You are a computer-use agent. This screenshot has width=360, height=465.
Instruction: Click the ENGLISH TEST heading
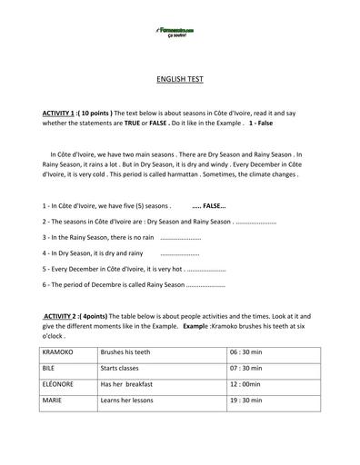tap(180, 79)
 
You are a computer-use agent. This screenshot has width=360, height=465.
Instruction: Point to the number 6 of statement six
tap(45, 284)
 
